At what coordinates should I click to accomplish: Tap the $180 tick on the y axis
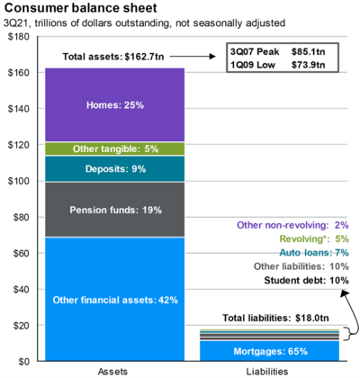tap(18, 37)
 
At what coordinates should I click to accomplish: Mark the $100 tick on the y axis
tap(18, 181)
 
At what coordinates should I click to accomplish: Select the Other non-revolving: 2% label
tap(292, 224)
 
